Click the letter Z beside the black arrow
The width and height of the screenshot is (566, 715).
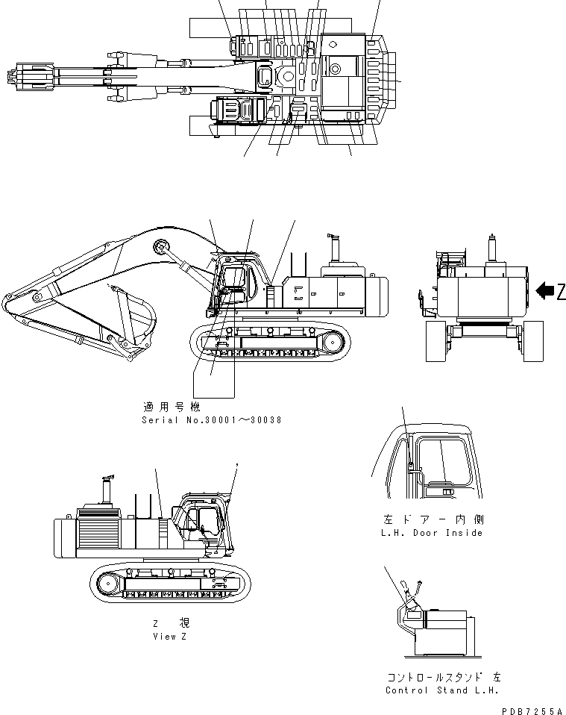click(x=561, y=293)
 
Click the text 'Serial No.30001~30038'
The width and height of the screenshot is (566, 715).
click(x=211, y=420)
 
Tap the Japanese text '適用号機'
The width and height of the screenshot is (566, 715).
click(x=172, y=408)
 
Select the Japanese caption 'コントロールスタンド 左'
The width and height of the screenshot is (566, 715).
click(x=444, y=677)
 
